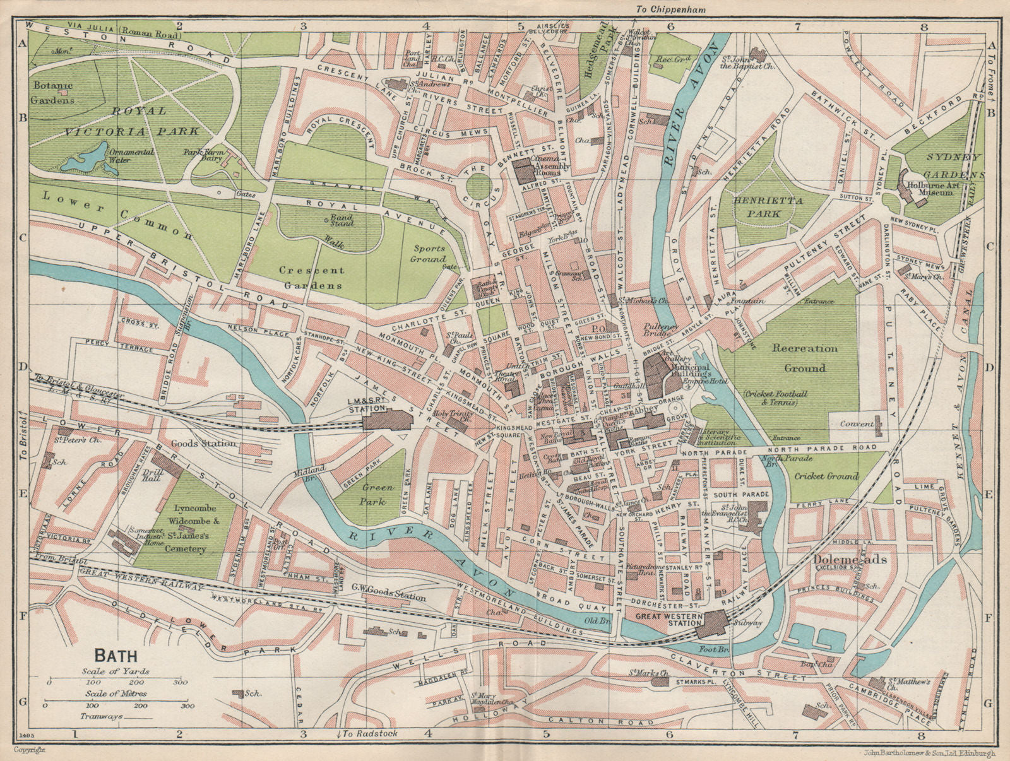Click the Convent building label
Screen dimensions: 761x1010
(x=857, y=425)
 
